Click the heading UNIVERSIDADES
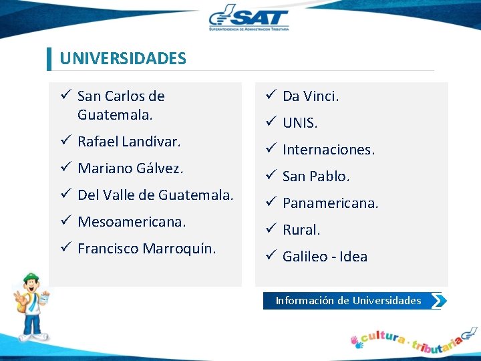coord(123,58)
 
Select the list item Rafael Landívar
coord(129,142)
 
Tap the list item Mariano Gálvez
coord(130,168)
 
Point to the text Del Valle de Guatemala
coord(155,195)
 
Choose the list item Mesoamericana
coord(132,221)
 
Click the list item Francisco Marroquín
coord(147,249)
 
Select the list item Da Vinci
coord(311,96)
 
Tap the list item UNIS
coord(300,123)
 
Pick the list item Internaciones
coord(329,150)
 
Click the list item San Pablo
coord(316,176)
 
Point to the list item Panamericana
coord(330,203)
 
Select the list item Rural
coord(301,230)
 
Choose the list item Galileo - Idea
coord(325,257)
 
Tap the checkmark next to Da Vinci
coord(270,96)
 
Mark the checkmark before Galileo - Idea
coord(270,256)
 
